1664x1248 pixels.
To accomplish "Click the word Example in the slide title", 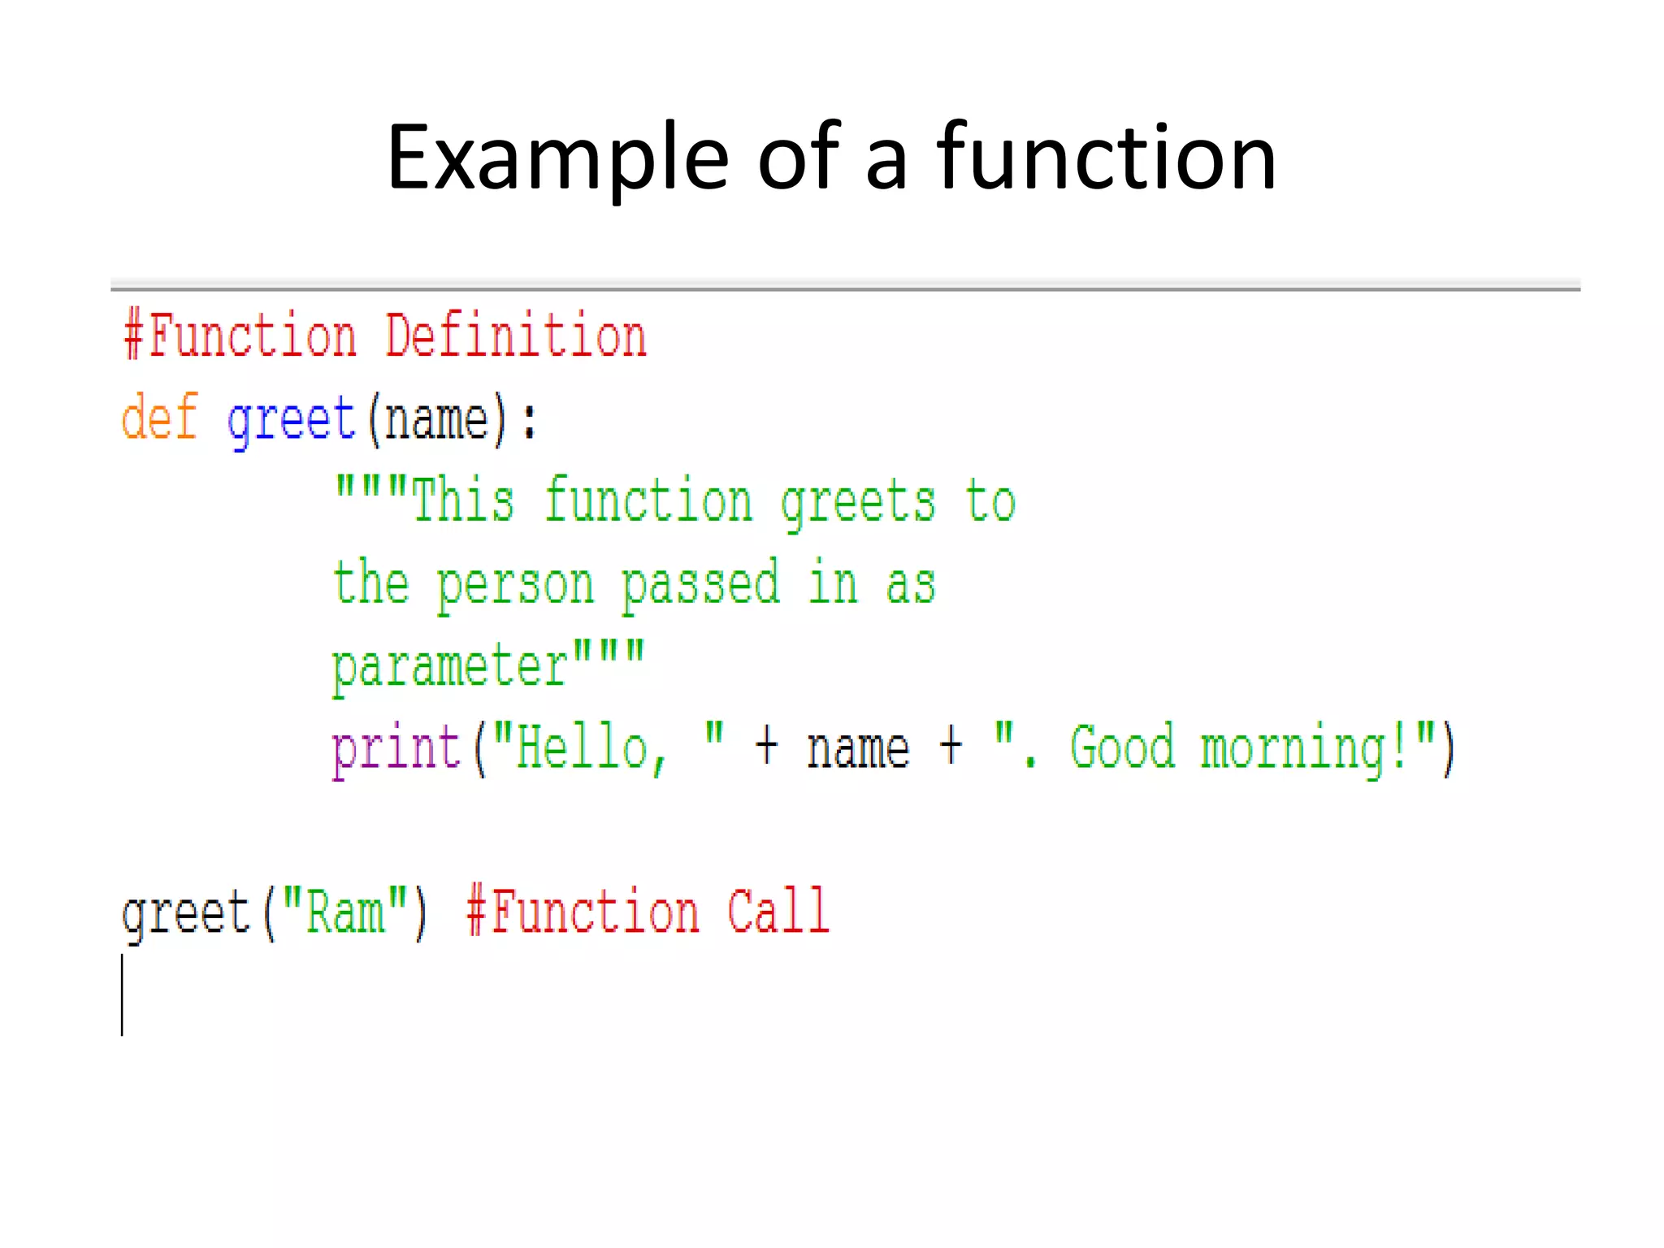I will (x=557, y=158).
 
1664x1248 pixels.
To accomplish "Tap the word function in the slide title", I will (x=1106, y=158).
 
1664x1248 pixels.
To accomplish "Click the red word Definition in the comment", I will (x=516, y=336).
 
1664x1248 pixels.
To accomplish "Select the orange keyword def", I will (x=159, y=418).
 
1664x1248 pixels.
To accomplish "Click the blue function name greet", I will (x=292, y=419).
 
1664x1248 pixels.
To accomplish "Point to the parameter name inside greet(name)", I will (x=436, y=419).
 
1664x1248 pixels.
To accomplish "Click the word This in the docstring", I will (x=463, y=500).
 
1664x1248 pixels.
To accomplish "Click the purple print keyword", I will (x=396, y=749).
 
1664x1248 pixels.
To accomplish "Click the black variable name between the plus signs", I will (x=858, y=749).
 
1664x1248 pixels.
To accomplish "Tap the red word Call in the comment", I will (x=778, y=912).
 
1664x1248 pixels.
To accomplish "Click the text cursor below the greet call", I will (x=123, y=994).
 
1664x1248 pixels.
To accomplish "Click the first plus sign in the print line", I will (x=766, y=747).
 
